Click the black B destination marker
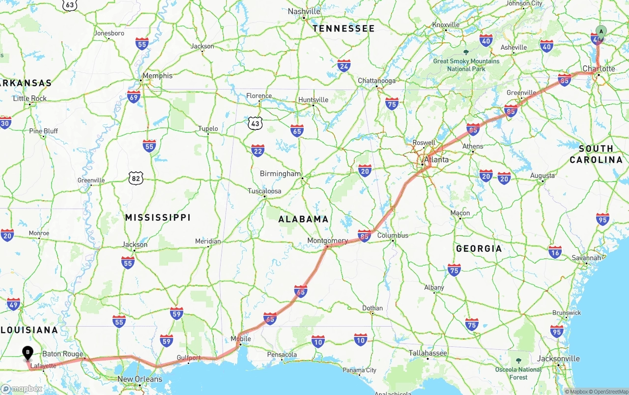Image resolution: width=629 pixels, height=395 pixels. [28, 352]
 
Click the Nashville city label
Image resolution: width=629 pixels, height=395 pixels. [304, 11]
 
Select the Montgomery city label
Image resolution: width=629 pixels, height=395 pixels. [327, 241]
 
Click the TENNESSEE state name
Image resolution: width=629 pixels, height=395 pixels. [343, 29]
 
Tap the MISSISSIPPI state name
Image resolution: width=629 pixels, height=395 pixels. [157, 217]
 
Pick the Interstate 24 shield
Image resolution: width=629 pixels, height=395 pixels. [344, 66]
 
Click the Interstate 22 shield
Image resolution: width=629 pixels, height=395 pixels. [257, 151]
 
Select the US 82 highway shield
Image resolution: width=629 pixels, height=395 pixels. [136, 178]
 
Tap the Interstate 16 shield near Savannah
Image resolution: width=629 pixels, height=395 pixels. [555, 252]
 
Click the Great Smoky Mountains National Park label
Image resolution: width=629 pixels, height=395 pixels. [466, 65]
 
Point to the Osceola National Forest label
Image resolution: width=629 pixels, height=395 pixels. [518, 373]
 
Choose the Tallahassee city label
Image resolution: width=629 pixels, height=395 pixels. [428, 353]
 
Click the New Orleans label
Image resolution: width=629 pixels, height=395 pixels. [140, 379]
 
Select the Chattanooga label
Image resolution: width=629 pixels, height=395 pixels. [376, 81]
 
